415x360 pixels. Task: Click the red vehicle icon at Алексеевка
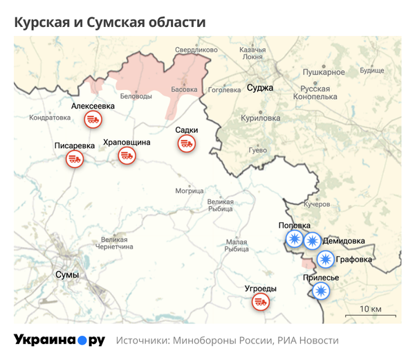pyautogui.click(x=93, y=120)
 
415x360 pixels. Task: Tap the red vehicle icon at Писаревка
pyautogui.click(x=74, y=159)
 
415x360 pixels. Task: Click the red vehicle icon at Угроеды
pyautogui.click(x=261, y=302)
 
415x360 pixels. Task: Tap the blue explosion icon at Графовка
pyautogui.click(x=324, y=260)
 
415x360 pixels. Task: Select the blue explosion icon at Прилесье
pyautogui.click(x=320, y=291)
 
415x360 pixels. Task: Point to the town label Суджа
pyautogui.click(x=261, y=88)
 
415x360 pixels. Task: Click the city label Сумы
pyautogui.click(x=66, y=275)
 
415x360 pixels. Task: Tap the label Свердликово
pyautogui.click(x=196, y=50)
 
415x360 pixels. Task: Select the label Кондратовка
pyautogui.click(x=50, y=118)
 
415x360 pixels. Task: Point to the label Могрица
pyautogui.click(x=189, y=190)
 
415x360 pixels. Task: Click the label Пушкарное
pyautogui.click(x=324, y=72)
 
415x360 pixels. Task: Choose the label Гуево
pyautogui.click(x=257, y=150)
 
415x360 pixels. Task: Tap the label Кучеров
pyautogui.click(x=317, y=205)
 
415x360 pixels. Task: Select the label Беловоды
pyautogui.click(x=136, y=96)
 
